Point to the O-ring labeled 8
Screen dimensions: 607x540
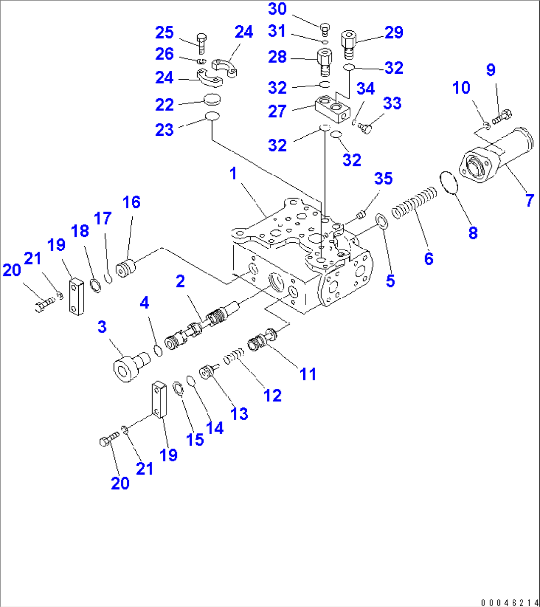[449, 182]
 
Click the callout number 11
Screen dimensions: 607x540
[308, 374]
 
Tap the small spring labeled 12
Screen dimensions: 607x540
[235, 357]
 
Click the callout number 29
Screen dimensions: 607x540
[394, 33]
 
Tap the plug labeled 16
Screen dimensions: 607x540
[125, 269]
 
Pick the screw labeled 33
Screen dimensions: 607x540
[366, 128]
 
